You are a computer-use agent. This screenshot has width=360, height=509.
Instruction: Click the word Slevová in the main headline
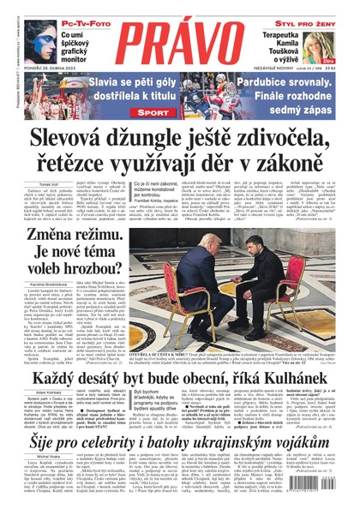tap(73, 140)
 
